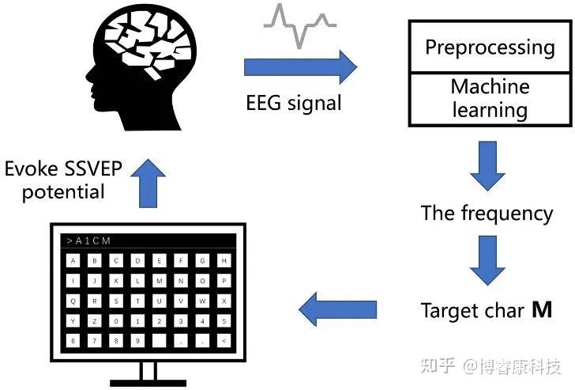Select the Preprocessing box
pos(490,47)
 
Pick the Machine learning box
pos(490,98)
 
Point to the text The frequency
pos(487,213)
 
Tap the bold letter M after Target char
pos(542,311)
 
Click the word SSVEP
pos(84,168)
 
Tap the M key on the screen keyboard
pos(160,280)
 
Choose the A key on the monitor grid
pos(73,259)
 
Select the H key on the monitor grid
pos(224,259)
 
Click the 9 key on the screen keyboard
pos(138,340)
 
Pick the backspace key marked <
pos(224,340)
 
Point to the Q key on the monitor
pos(73,300)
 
